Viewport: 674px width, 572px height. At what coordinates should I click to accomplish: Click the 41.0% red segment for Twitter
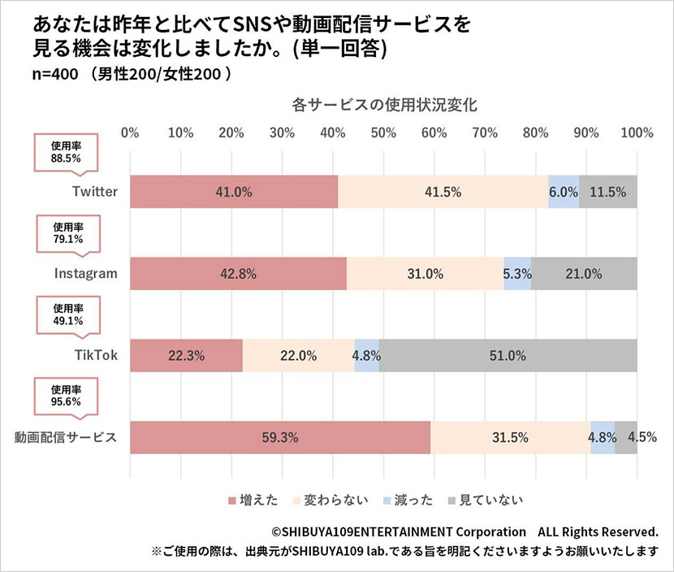click(x=234, y=192)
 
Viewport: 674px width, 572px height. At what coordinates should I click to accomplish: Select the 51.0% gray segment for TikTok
click(x=508, y=356)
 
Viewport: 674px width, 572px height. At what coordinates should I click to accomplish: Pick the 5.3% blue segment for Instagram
click(x=517, y=274)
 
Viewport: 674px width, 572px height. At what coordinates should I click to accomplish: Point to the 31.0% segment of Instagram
click(x=425, y=274)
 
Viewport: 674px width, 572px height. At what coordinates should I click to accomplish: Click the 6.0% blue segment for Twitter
click(x=564, y=192)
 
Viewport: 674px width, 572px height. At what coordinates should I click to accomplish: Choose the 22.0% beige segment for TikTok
click(x=298, y=356)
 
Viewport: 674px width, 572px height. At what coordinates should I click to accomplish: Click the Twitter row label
click(x=94, y=192)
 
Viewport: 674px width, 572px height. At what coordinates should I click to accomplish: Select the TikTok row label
click(x=97, y=356)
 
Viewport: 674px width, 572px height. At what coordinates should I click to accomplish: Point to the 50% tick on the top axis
click(x=383, y=132)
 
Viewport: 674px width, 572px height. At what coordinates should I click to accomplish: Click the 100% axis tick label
click(x=637, y=132)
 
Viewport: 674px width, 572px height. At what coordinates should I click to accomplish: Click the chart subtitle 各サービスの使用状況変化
click(x=382, y=105)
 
